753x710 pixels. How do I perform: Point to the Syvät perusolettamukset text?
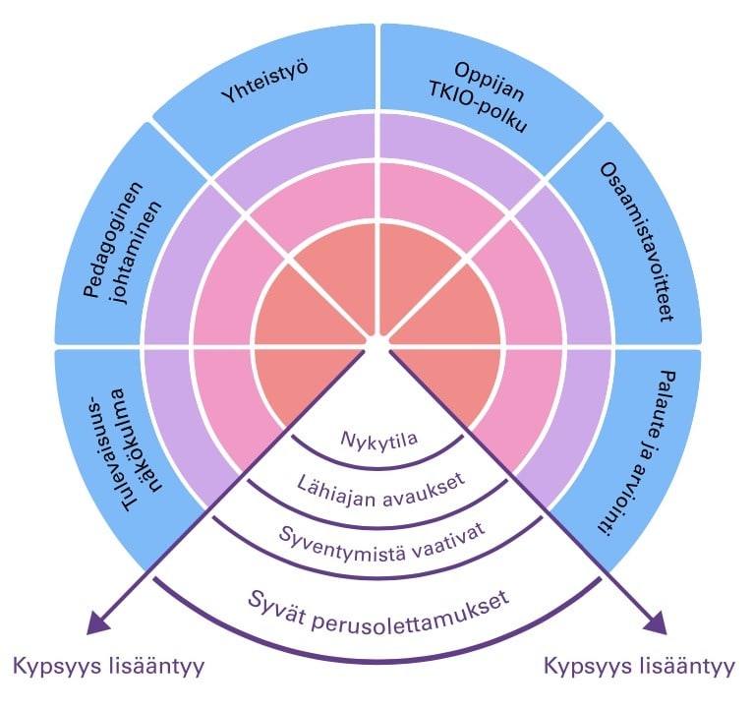coord(378,600)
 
